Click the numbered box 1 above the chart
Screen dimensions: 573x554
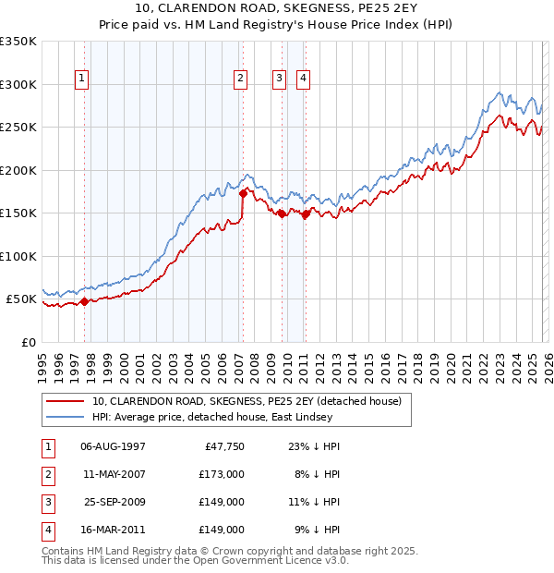coord(82,79)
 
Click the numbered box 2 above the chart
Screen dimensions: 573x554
coord(240,79)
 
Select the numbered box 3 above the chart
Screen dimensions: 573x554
coord(278,79)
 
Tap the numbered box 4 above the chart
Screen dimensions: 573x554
coord(302,79)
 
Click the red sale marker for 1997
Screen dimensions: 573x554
coord(84,300)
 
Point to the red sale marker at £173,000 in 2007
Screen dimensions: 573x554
coord(243,194)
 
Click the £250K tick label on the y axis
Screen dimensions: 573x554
coord(18,128)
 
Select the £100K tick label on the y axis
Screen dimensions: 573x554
coord(18,256)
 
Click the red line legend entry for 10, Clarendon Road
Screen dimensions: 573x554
coord(247,401)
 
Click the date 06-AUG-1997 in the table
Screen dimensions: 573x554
coord(114,445)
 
